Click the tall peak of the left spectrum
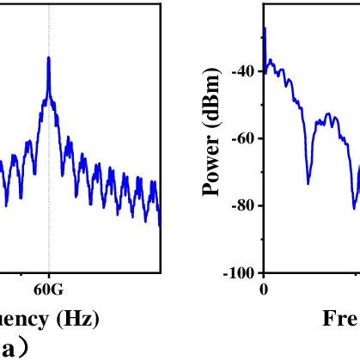[49, 58]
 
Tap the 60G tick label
[49, 289]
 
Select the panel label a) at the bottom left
[18, 347]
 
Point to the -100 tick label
[241, 273]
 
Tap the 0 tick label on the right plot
[264, 289]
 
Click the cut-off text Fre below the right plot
[340, 319]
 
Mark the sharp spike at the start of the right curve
[265, 29]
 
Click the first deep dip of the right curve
[308, 181]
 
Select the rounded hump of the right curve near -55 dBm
[326, 116]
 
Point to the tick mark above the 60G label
[49, 276]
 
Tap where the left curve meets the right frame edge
[160, 225]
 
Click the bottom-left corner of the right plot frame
[264, 272]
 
